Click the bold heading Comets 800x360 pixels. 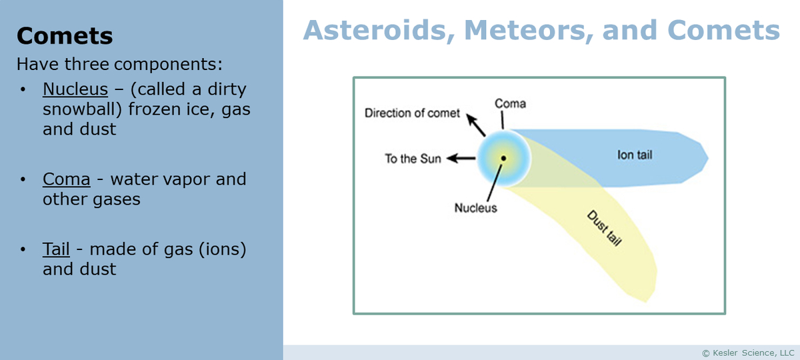click(65, 35)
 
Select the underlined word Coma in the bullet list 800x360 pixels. click(66, 179)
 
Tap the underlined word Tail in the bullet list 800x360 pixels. click(56, 249)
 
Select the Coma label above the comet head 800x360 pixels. click(510, 103)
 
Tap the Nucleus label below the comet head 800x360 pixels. click(475, 207)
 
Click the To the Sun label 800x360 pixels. click(413, 159)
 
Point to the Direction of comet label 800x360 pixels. click(412, 113)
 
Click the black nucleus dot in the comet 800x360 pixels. click(503, 158)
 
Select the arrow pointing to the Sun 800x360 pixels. click(461, 159)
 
